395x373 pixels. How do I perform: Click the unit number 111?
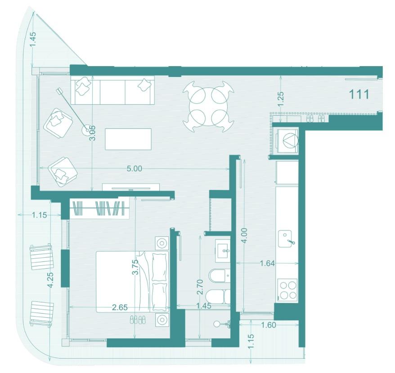pyautogui.click(x=359, y=94)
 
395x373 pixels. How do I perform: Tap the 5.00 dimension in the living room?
pyautogui.click(x=134, y=168)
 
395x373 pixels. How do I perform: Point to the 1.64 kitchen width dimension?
pyautogui.click(x=267, y=263)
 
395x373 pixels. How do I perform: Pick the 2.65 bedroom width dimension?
pyautogui.click(x=120, y=307)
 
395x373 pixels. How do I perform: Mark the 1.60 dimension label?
pyautogui.click(x=269, y=325)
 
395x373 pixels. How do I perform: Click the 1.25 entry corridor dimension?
pyautogui.click(x=281, y=99)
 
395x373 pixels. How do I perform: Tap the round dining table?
pyautogui.click(x=209, y=106)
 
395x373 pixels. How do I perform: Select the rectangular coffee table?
pyautogui.click(x=129, y=139)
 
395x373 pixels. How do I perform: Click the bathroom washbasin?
pyautogui.click(x=223, y=251)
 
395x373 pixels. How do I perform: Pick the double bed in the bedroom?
pyautogui.click(x=133, y=282)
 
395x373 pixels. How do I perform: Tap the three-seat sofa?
pyautogui.click(x=112, y=91)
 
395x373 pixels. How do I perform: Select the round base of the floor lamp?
pyautogui.click(x=87, y=130)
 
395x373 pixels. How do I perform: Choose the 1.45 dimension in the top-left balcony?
pyautogui.click(x=33, y=39)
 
